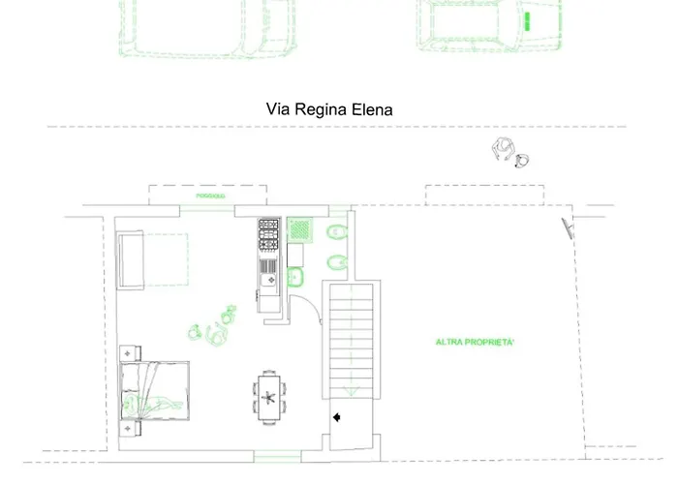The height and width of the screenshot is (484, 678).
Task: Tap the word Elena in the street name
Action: [x=373, y=109]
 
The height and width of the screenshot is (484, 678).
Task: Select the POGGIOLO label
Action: [x=210, y=196]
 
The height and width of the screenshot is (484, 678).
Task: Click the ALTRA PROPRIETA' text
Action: [x=475, y=343]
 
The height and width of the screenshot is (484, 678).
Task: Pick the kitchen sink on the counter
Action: [x=268, y=280]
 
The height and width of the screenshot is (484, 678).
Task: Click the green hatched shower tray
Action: [x=304, y=229]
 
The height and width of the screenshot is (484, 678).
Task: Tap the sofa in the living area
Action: [x=131, y=259]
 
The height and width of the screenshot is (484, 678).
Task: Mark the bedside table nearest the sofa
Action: [x=127, y=353]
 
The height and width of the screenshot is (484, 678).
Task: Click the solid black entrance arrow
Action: [x=337, y=417]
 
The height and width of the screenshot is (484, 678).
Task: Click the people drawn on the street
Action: [x=509, y=153]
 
